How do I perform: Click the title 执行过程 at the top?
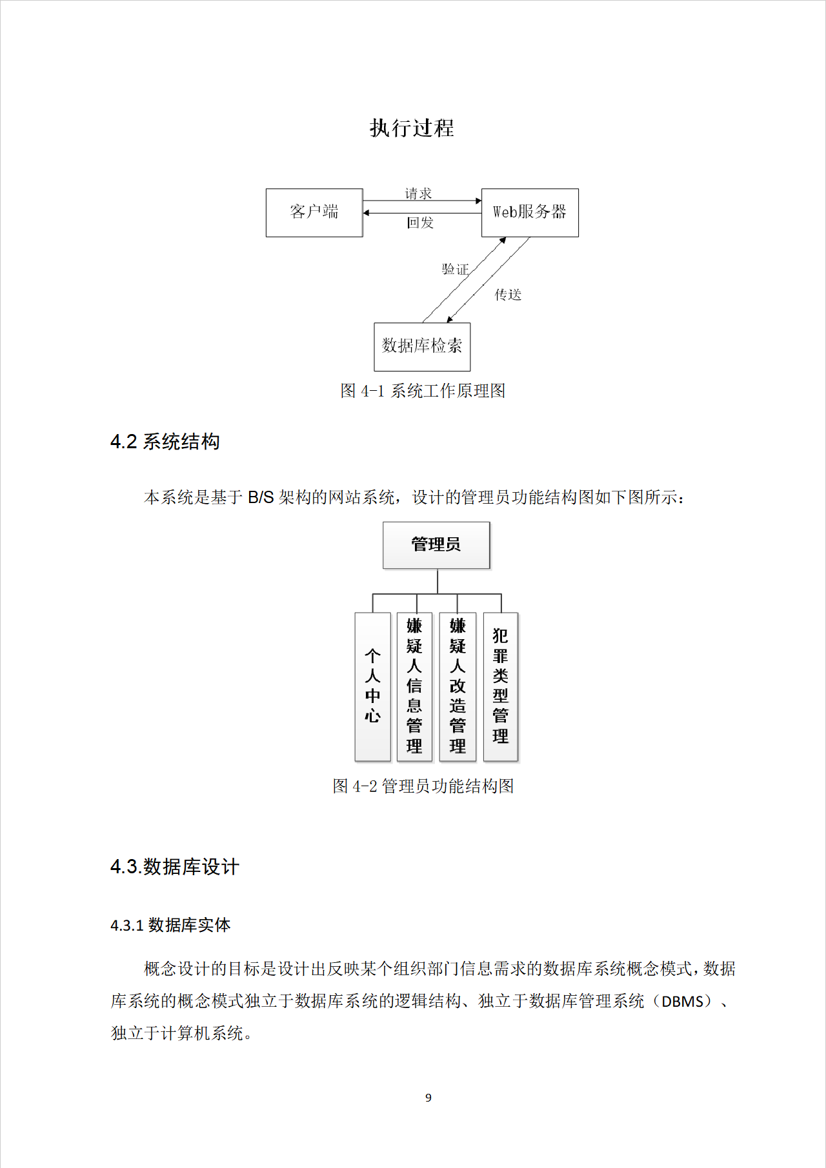[412, 128]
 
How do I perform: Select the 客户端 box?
[314, 212]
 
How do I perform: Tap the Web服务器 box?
[530, 212]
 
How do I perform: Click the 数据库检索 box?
[422, 346]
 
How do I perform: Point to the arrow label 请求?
[418, 193]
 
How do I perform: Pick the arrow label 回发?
[420, 223]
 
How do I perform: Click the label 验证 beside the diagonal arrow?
[455, 269]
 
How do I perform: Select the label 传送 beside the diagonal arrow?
[508, 295]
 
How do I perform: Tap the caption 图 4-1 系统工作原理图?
[423, 391]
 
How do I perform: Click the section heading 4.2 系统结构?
[165, 442]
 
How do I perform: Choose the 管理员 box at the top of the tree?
[436, 545]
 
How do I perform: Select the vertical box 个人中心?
[372, 686]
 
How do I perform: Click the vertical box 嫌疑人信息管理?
[414, 686]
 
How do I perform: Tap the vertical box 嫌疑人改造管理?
[458, 686]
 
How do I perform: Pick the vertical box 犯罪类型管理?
[501, 686]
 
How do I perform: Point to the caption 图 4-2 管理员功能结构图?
[423, 786]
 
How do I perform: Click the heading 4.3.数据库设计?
[175, 867]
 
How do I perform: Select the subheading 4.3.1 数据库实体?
[170, 925]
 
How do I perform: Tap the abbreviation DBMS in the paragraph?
[682, 1002]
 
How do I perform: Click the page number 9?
[428, 1098]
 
